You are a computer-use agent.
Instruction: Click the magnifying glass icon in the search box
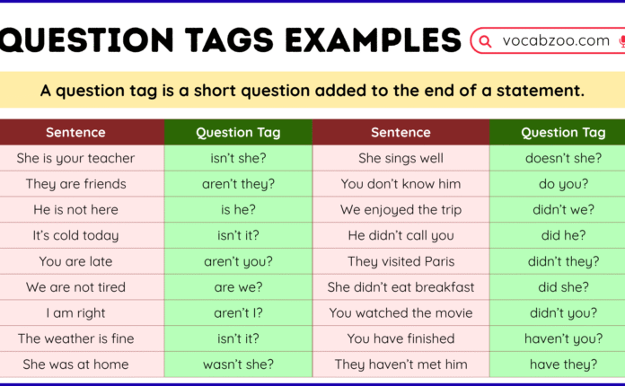coord(486,41)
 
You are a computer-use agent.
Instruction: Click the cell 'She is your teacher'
coord(75,158)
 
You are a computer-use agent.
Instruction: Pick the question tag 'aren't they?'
coord(238,184)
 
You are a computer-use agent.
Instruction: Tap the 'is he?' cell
coord(238,210)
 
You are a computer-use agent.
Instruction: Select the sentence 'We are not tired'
coord(75,287)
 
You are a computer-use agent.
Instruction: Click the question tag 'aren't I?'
coord(238,313)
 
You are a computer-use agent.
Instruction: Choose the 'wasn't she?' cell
coord(238,364)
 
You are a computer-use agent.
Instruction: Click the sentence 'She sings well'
coord(401,158)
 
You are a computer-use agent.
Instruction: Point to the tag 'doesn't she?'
coord(563,158)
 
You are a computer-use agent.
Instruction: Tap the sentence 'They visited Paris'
coord(401,261)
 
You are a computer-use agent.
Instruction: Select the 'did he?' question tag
coord(563,235)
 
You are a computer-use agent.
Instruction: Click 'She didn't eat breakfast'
coord(401,287)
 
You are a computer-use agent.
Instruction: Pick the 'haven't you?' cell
coord(563,338)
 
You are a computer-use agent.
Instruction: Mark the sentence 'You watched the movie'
coord(401,313)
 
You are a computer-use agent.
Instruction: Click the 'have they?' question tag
coord(563,364)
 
